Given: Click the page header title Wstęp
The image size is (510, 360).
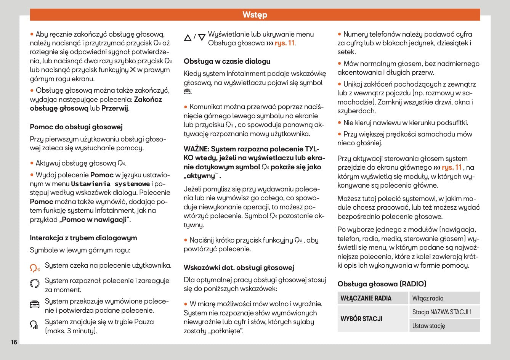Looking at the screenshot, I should (x=255, y=15).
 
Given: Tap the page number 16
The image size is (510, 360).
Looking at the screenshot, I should (x=14, y=342).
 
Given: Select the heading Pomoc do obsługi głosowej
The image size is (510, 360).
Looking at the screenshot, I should (x=76, y=127).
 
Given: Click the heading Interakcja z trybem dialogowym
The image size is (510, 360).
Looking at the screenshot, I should (x=83, y=238).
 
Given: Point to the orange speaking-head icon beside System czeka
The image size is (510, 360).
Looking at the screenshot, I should (x=35, y=268).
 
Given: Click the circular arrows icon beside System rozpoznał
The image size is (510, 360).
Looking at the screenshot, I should (x=35, y=283).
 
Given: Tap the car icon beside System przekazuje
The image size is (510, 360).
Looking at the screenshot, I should (x=35, y=304).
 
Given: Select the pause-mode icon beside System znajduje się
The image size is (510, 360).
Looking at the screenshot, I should (x=34, y=325).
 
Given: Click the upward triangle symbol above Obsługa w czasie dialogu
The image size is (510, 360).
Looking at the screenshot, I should (x=188, y=38).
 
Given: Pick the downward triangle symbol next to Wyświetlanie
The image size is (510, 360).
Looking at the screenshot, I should (x=202, y=38).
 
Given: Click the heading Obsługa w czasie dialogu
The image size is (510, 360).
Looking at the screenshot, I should (x=227, y=61).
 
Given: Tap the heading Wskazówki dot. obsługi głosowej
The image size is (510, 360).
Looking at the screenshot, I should (x=239, y=268).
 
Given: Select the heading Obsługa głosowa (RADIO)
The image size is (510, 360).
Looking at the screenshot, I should (x=382, y=284).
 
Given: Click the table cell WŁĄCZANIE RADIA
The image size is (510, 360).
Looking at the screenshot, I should (x=366, y=298).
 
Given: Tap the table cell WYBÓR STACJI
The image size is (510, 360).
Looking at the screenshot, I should (x=361, y=318).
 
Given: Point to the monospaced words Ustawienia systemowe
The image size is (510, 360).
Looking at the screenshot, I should (x=111, y=184).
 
